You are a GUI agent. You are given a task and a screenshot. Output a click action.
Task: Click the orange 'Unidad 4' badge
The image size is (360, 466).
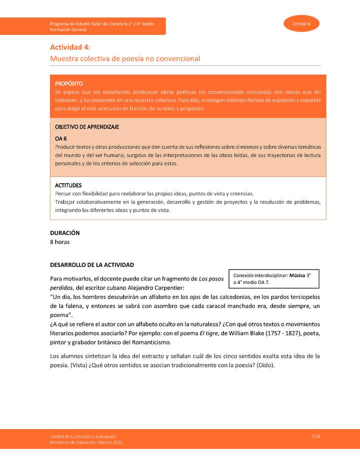(x=301, y=24)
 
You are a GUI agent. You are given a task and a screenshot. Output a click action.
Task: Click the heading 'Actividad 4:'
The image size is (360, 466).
(x=69, y=47)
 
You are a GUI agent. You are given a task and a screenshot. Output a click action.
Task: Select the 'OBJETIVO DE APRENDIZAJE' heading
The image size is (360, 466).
(x=86, y=127)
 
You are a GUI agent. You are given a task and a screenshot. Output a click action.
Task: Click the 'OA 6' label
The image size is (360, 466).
(x=60, y=138)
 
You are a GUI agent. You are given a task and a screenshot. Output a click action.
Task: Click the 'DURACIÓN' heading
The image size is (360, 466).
(x=65, y=233)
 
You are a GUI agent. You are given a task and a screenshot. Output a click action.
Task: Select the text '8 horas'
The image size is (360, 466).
(x=60, y=242)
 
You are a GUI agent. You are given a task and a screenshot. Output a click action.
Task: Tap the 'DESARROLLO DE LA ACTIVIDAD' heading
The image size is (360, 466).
(x=92, y=264)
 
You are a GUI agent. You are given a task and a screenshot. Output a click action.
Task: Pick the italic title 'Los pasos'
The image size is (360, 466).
(x=211, y=278)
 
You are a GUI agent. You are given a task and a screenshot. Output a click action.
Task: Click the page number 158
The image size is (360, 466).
(x=315, y=436)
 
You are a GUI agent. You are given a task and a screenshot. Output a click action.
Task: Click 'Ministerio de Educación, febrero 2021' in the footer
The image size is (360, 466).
(x=85, y=442)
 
